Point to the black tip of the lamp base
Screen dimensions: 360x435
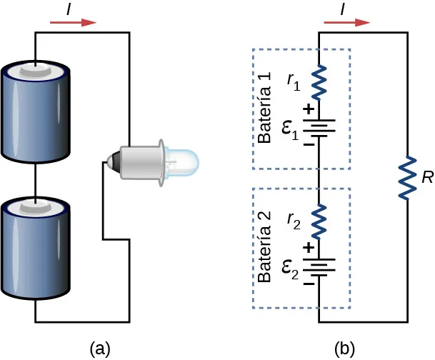tap(109, 161)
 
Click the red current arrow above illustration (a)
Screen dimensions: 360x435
tap(74, 22)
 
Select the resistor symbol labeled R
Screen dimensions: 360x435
tap(407, 176)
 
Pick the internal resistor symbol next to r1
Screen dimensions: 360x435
tap(319, 80)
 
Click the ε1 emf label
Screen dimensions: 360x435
tap(290, 131)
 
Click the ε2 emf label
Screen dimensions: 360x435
tap(290, 268)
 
